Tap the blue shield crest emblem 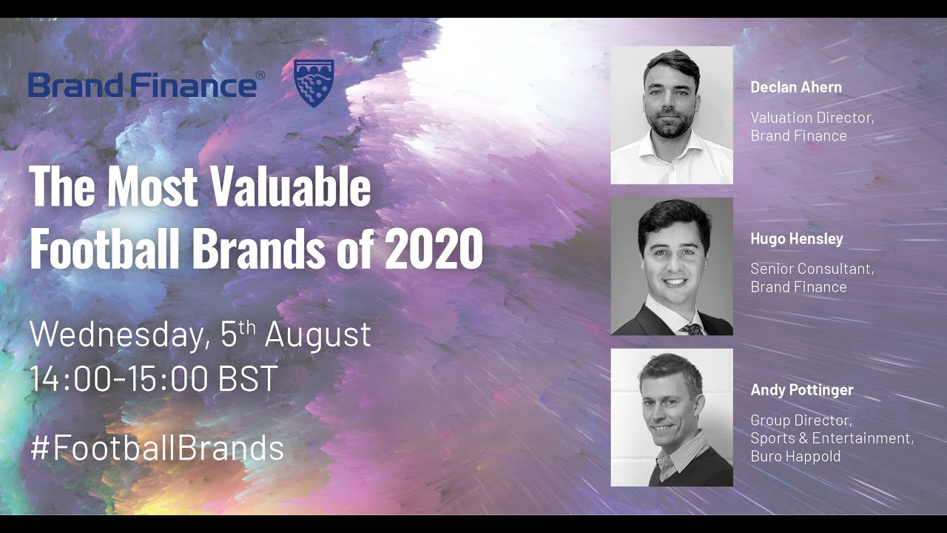click(314, 83)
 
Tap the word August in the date click(317, 335)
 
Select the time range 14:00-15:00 click(118, 378)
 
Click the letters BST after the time click(248, 378)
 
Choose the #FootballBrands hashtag click(157, 448)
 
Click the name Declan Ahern click(796, 87)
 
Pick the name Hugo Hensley click(797, 238)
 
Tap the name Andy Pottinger click(801, 389)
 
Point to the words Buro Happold click(795, 456)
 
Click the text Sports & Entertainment click(831, 438)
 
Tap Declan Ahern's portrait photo click(672, 115)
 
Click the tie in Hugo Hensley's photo click(692, 328)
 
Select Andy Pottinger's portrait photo click(672, 418)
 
